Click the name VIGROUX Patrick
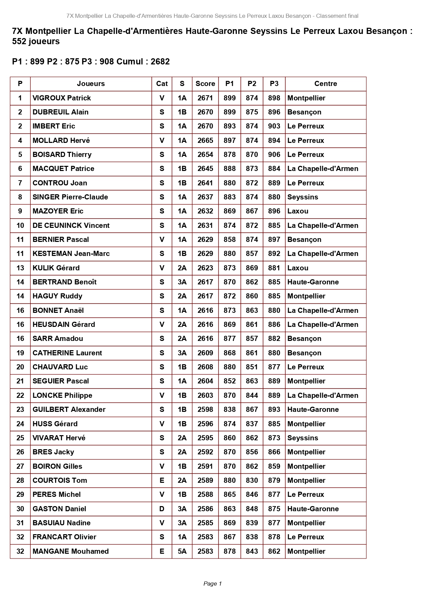tap(62, 98)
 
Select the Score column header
tap(205, 84)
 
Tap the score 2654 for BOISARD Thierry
tap(205, 155)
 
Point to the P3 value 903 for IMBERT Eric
tap(274, 126)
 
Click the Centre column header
tap(325, 84)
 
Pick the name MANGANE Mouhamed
tap(71, 551)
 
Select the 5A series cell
tap(182, 551)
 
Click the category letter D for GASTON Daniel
tap(162, 509)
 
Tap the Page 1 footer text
tap(212, 584)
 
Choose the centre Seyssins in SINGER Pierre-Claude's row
tap(303, 197)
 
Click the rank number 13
tap(20, 268)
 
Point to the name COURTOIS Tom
tap(60, 480)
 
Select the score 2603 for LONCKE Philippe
tap(205, 395)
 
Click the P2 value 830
tap(252, 480)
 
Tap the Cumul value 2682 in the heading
tap(160, 62)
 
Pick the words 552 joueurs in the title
tap(36, 41)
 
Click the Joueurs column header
tap(91, 84)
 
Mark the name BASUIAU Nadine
tap(61, 523)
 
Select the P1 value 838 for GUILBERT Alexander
tap(229, 409)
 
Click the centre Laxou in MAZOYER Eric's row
tap(298, 211)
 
